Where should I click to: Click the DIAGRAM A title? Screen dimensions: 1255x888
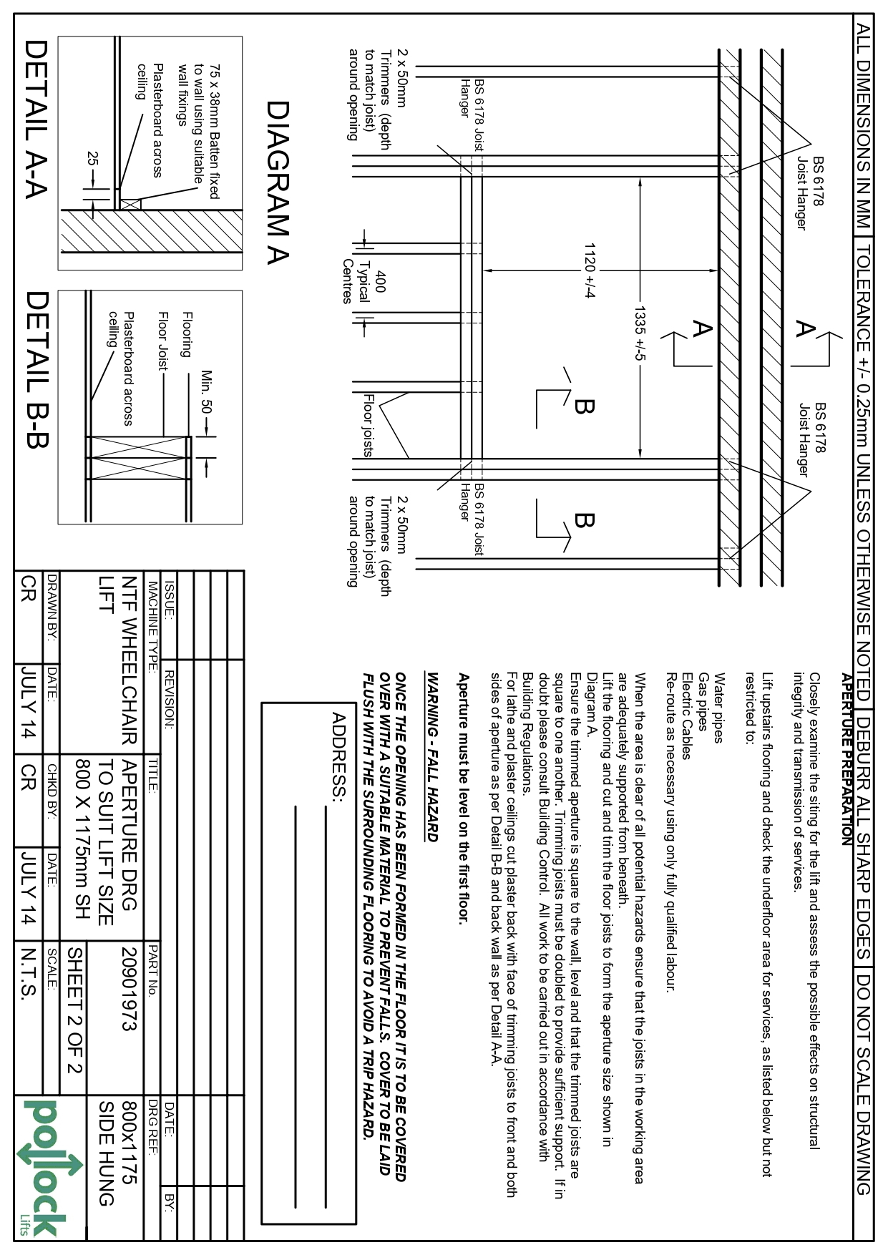[277, 183]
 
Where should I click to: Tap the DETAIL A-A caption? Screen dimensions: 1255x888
[36, 119]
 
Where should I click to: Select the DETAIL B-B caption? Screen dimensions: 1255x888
[36, 369]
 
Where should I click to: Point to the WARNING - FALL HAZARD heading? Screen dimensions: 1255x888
[432, 756]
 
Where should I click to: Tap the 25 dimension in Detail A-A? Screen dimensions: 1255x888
[92, 160]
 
